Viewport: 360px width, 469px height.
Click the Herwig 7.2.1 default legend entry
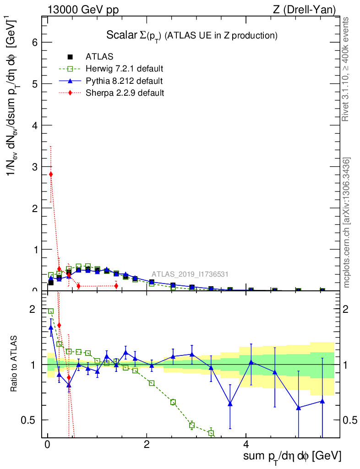point(124,69)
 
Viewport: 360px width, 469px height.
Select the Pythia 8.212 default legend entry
point(124,81)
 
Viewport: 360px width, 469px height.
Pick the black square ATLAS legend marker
point(70,57)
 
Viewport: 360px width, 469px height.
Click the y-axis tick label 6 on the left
point(34,43)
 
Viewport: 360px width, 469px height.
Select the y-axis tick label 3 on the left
point(34,167)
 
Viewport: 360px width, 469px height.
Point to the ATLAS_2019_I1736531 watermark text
point(190,274)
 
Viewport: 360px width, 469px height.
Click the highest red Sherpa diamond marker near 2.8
point(51,174)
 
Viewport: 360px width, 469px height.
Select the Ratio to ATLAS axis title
point(14,364)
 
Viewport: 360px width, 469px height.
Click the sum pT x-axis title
point(292,456)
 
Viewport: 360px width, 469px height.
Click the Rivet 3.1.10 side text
point(347,69)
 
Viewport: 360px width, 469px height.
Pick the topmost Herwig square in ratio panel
point(51,311)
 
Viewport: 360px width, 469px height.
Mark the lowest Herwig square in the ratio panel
point(211,433)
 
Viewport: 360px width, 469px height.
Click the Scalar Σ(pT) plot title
point(192,35)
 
